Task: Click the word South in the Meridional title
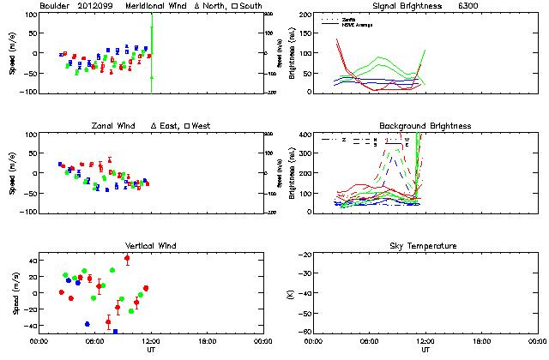(252, 6)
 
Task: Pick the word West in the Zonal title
(200, 126)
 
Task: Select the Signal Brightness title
(395, 6)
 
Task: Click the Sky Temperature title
(425, 246)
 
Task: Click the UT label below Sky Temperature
(425, 350)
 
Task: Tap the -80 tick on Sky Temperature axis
(305, 331)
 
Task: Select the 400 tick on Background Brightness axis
(304, 135)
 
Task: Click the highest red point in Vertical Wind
(127, 258)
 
